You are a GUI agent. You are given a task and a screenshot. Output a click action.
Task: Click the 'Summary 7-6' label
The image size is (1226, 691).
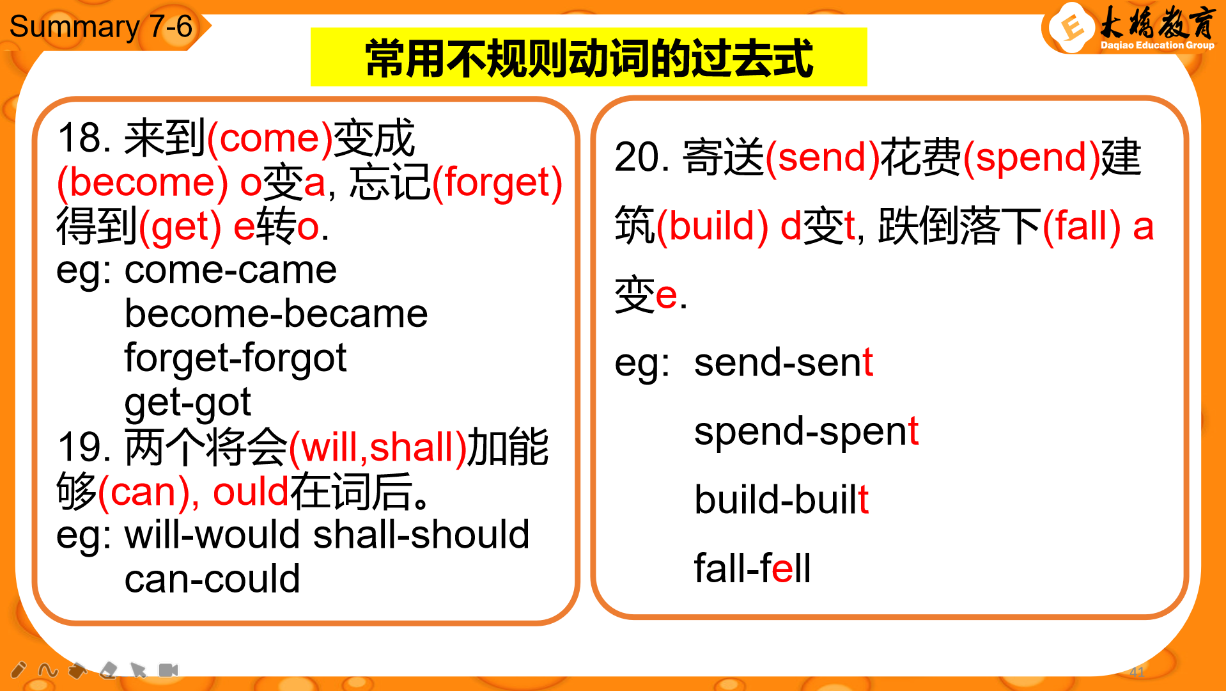point(101,27)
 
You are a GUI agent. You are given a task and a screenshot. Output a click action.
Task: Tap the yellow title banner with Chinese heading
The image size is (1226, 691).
point(589,57)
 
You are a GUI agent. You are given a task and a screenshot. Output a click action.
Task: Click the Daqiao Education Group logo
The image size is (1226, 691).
point(1130,29)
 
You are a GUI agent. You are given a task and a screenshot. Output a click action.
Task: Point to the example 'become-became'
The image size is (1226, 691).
point(276,314)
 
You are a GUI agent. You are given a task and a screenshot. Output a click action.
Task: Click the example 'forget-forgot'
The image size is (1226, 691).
point(235,358)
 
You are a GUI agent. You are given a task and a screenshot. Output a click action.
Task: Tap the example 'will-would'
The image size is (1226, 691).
point(212,534)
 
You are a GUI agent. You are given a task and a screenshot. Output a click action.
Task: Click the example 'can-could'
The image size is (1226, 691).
point(212,579)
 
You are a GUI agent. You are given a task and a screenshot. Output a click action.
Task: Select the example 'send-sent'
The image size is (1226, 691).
point(784,362)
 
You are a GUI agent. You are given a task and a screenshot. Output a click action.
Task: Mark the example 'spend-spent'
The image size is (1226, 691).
point(807,432)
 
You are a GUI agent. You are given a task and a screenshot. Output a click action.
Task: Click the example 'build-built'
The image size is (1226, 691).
point(782,499)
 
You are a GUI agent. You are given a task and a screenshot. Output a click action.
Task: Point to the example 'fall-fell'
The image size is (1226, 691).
point(752,568)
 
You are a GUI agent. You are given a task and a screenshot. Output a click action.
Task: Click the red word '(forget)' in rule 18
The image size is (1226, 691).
point(497,183)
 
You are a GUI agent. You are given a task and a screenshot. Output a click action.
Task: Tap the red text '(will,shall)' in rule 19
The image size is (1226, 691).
point(378,447)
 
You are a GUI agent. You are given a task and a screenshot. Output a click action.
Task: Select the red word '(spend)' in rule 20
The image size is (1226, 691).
point(1031,158)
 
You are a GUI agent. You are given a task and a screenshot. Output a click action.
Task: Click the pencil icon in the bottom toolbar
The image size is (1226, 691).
point(19,670)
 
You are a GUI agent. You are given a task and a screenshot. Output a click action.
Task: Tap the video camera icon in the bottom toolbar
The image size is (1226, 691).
point(168,670)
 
